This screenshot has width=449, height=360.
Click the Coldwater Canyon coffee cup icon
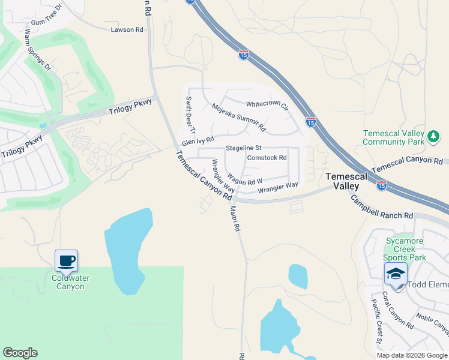click(x=66, y=261)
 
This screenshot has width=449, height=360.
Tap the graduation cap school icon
click(x=396, y=274)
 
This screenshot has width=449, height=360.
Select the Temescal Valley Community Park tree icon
click(x=433, y=137)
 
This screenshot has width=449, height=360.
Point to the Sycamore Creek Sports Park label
click(x=405, y=249)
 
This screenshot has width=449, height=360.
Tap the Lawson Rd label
click(x=127, y=29)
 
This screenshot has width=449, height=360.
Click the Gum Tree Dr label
click(x=47, y=15)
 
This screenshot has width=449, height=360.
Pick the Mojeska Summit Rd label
click(x=238, y=117)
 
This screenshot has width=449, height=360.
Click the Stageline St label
click(x=244, y=148)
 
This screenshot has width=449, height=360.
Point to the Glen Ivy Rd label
click(x=198, y=141)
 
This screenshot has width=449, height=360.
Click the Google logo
click(x=20, y=353)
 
